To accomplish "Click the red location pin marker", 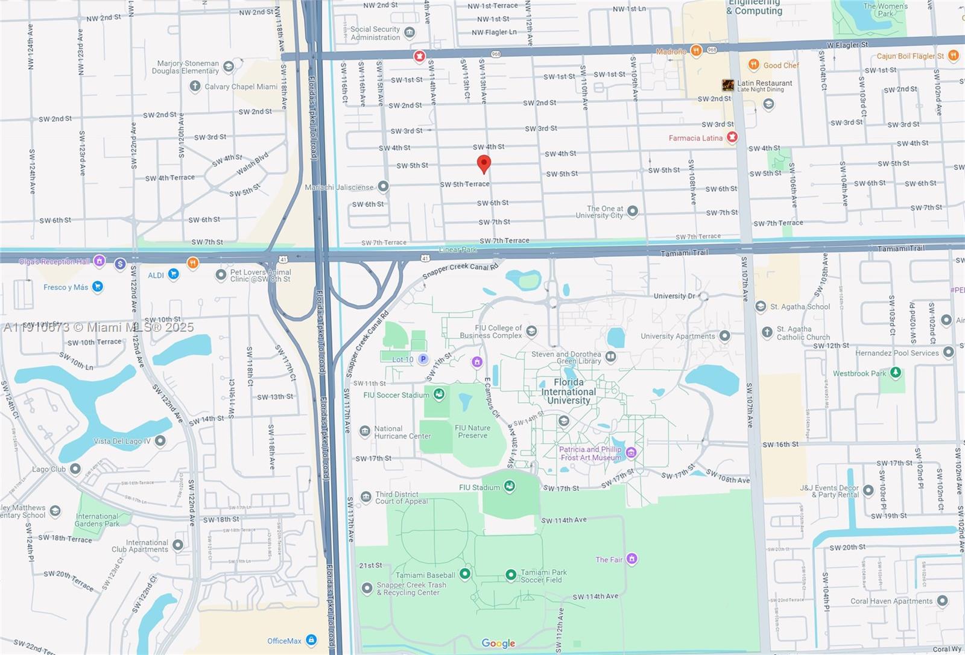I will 483,163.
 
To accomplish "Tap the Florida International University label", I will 568,391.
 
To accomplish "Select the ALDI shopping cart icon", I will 173,274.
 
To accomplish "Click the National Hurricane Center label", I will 402,432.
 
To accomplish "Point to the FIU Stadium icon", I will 509,487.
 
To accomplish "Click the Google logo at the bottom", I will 498,644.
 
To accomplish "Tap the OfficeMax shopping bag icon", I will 311,640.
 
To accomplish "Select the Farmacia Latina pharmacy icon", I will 732,138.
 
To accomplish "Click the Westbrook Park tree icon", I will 896,373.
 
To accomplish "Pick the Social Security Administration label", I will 375,33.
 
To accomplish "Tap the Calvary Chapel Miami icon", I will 195,86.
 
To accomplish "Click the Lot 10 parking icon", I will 423,359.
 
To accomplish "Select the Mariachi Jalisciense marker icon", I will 383,186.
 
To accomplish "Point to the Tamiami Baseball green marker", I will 464,574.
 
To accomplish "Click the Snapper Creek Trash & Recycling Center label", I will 411,589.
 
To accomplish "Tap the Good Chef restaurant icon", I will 753,65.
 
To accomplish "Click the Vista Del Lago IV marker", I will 160,441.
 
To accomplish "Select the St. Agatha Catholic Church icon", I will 767,332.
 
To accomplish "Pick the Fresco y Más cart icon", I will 97,286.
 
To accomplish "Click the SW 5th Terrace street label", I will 464,184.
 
